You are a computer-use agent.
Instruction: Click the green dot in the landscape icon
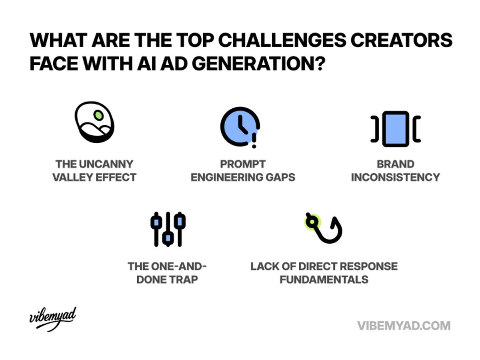pyautogui.click(x=98, y=115)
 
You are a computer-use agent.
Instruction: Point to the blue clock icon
pyautogui.click(x=239, y=126)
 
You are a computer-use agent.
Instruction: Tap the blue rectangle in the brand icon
pyautogui.click(x=395, y=129)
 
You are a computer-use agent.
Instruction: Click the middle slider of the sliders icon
pyautogui.click(x=168, y=229)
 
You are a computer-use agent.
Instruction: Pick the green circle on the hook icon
pyautogui.click(x=312, y=221)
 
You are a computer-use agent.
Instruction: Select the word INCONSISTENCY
pyautogui.click(x=395, y=177)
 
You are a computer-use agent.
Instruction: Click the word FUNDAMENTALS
pyautogui.click(x=324, y=279)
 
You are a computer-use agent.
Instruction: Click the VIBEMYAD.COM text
pyautogui.click(x=404, y=325)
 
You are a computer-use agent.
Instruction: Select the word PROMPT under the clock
pyautogui.click(x=242, y=164)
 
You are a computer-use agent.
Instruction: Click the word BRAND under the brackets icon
pyautogui.click(x=395, y=164)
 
